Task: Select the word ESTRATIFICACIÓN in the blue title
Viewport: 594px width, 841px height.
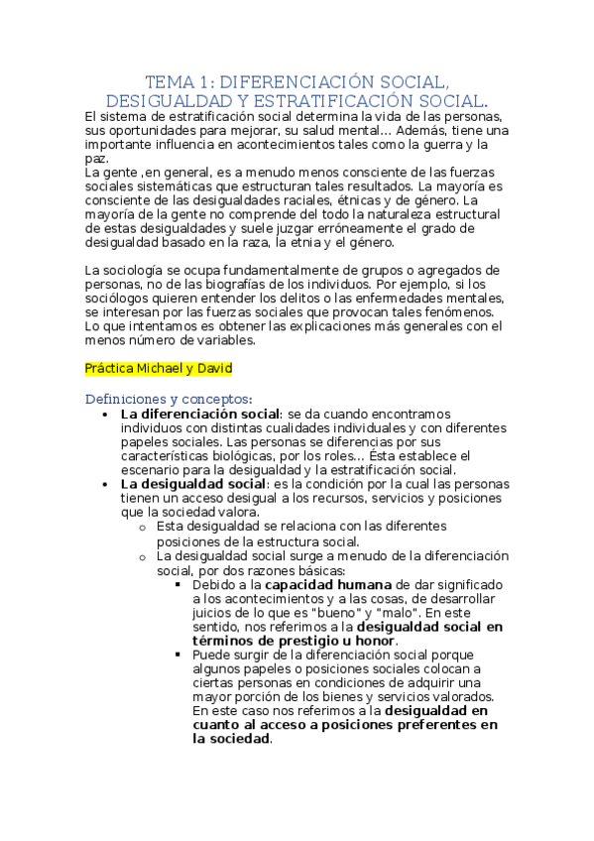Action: click(314, 101)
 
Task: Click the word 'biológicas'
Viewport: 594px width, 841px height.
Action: click(232, 455)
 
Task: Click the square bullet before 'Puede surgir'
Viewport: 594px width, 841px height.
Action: click(179, 655)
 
